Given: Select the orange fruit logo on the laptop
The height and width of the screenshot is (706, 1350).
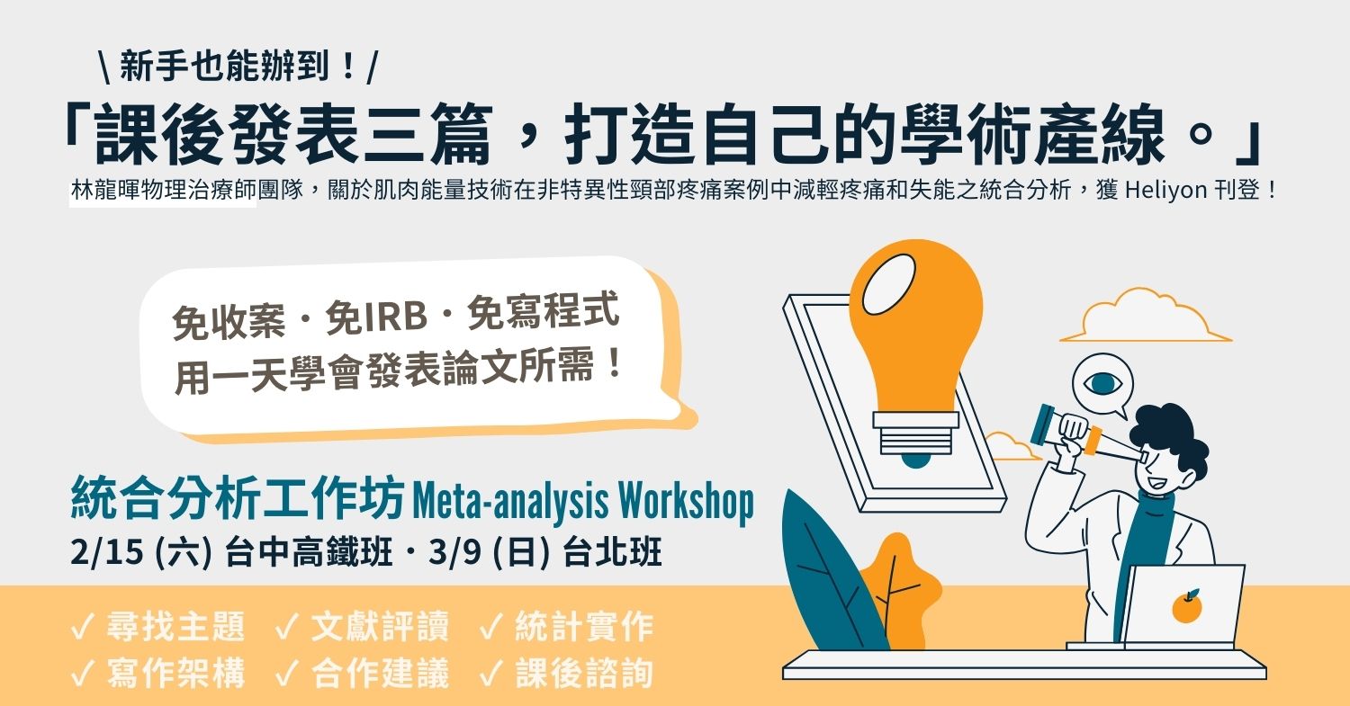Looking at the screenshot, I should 1186,606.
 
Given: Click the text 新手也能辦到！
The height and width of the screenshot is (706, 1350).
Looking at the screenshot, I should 238,66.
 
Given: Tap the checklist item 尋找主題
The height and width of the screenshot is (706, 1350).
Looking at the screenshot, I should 175,628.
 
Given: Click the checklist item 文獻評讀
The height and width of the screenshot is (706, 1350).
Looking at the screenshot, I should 379,628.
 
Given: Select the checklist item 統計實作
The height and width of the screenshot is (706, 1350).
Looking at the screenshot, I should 583,628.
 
